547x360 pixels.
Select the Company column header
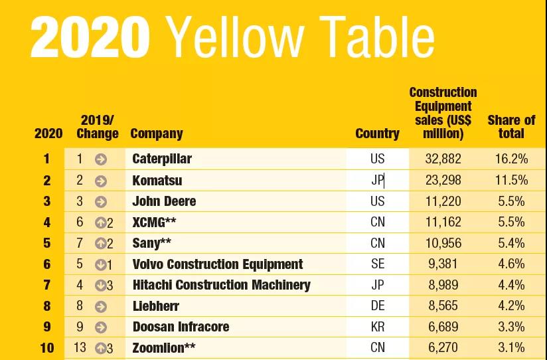coord(157,134)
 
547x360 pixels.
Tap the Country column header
coord(377,134)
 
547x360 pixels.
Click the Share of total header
coord(511,127)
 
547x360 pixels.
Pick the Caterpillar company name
coord(162,159)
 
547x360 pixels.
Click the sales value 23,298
coord(443,180)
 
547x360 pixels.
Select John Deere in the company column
coord(164,201)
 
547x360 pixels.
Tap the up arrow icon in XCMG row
coord(100,223)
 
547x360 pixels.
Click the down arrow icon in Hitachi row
coord(100,286)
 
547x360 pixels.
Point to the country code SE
coord(377,264)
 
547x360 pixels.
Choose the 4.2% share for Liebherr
coord(511,306)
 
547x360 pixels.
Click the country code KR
coord(377,327)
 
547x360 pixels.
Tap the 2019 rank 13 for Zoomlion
coord(80,348)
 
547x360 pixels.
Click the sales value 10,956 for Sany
coord(443,243)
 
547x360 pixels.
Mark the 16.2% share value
coord(511,159)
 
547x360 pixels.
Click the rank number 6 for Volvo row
coord(47,264)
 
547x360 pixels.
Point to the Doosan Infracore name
coord(181,327)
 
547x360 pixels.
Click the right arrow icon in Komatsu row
coord(100,181)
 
